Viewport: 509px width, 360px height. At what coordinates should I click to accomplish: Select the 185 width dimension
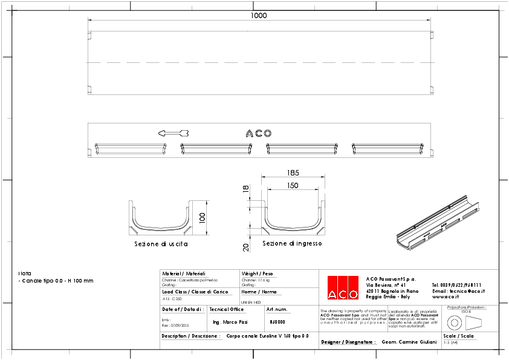click(293, 172)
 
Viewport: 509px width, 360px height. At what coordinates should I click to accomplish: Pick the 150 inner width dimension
click(293, 186)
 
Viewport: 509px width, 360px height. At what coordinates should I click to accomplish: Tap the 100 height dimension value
click(203, 217)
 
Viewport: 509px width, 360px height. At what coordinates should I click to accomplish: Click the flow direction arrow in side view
click(173, 133)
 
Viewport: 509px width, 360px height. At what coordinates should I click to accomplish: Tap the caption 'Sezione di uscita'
click(161, 244)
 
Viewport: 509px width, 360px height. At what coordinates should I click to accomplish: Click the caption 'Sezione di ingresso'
click(292, 243)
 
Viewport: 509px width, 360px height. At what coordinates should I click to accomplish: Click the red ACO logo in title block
click(343, 287)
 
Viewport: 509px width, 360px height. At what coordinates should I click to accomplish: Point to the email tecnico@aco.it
click(458, 291)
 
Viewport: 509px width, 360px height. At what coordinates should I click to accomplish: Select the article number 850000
click(277, 322)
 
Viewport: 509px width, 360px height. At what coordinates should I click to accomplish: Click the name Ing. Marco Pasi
click(230, 322)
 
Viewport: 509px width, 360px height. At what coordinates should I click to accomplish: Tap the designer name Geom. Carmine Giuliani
click(409, 342)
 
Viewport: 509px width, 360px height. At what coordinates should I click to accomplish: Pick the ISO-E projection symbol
click(463, 322)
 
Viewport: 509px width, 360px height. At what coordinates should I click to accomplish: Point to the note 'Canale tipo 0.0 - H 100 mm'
click(56, 281)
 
